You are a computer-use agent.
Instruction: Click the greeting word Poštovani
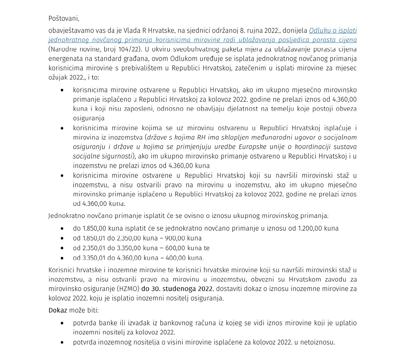coord(64,19)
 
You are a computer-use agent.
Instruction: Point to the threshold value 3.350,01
coord(95,258)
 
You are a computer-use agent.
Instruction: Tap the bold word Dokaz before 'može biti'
coord(58,310)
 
